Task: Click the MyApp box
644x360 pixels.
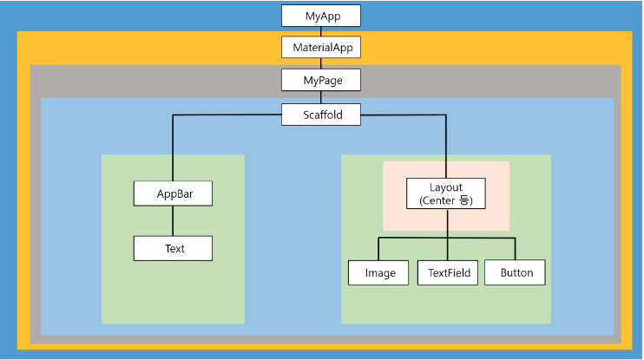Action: pos(320,16)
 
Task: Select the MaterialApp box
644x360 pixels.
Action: pos(320,47)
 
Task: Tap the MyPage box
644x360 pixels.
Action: pos(320,80)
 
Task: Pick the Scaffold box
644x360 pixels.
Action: pos(320,115)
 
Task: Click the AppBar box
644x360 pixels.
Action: pos(173,193)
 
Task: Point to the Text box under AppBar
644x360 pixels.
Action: pos(173,248)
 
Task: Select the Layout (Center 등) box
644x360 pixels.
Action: pos(446,193)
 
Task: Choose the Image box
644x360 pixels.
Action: pos(378,272)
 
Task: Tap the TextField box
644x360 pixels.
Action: pos(449,272)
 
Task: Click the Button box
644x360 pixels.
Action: pos(516,272)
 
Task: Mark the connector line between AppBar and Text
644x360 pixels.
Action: pos(173,220)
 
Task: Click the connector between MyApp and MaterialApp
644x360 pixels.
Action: pos(320,31)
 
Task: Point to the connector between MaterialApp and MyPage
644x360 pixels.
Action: pos(320,63)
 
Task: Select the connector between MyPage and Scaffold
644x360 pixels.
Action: pos(320,97)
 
